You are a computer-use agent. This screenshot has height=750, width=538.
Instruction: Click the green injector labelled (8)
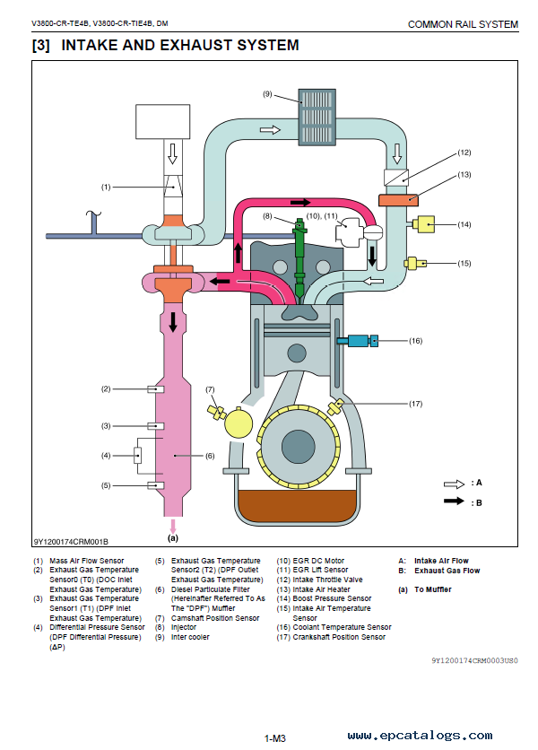[299, 261]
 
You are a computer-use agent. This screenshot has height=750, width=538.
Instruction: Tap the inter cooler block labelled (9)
[317, 117]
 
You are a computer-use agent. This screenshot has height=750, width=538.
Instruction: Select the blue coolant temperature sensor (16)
[357, 341]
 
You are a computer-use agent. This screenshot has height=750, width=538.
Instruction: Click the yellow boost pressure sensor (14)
[423, 224]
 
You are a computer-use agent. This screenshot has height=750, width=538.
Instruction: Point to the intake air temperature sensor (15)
[415, 263]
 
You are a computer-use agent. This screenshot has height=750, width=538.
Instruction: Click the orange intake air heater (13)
[398, 200]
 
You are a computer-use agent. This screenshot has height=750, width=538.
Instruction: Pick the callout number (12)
[464, 153]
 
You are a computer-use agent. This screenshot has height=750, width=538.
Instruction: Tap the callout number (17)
[415, 404]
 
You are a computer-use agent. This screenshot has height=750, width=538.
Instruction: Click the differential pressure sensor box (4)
[138, 456]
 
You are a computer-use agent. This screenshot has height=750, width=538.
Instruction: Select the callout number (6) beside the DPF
[210, 456]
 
